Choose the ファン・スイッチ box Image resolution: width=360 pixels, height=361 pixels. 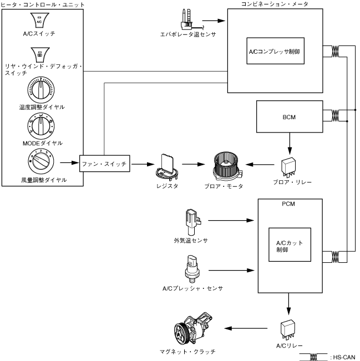tap(105, 164)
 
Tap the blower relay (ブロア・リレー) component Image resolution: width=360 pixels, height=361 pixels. tap(288, 164)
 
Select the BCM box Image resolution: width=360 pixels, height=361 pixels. tap(288, 118)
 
